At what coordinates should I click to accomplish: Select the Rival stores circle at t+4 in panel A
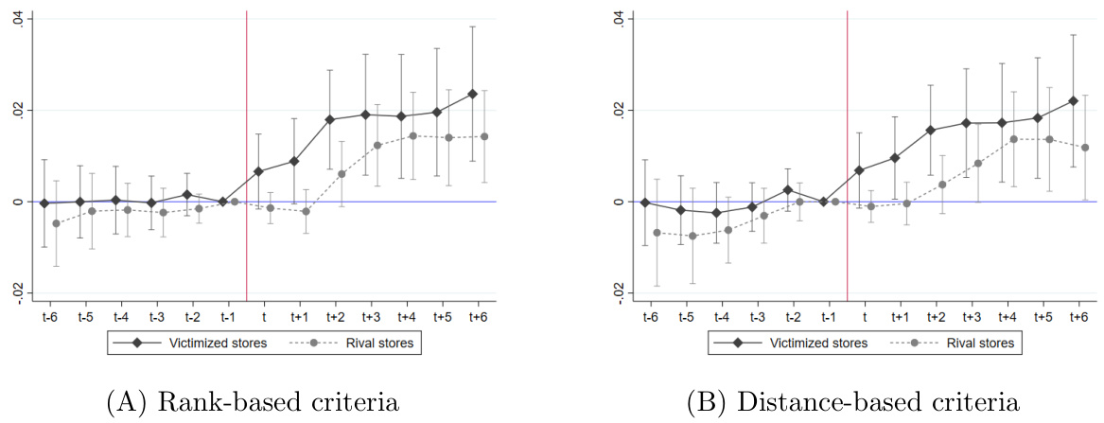click(x=412, y=135)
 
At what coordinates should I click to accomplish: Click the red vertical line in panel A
click(x=246, y=142)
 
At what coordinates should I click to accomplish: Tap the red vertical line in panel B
click(x=847, y=142)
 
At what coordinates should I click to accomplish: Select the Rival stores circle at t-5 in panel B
click(x=692, y=236)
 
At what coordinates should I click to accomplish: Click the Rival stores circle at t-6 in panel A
click(x=56, y=223)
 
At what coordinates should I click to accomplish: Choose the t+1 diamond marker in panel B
click(x=894, y=158)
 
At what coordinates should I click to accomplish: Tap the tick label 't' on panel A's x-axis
click(x=264, y=316)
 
